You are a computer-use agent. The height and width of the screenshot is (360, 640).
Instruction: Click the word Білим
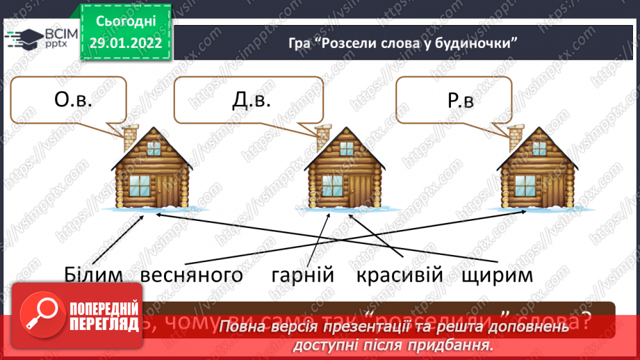[96, 275]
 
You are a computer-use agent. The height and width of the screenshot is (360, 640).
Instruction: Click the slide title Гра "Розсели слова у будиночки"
[404, 43]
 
